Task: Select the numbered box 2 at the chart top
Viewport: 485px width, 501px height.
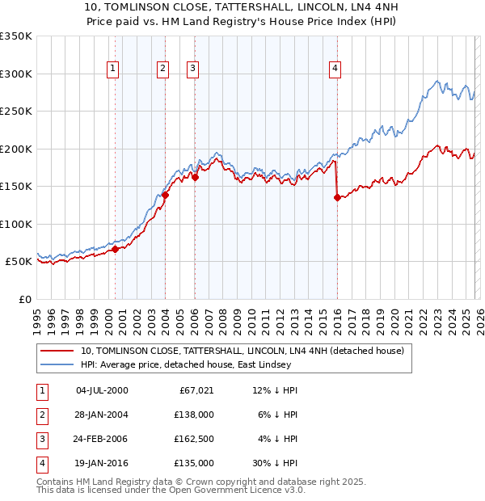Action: click(162, 69)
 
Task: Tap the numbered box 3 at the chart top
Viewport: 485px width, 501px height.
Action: click(193, 69)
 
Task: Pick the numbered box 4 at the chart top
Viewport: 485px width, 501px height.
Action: click(334, 69)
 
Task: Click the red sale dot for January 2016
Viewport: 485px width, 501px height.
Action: click(337, 197)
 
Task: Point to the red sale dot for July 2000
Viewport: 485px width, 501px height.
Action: click(115, 249)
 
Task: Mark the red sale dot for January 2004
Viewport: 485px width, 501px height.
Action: click(166, 195)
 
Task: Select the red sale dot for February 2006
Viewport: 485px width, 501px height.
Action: click(196, 177)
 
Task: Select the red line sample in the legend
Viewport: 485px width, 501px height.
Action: click(57, 352)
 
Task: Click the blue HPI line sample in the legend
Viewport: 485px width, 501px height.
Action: click(57, 365)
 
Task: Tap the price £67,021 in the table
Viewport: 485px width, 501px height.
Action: click(196, 390)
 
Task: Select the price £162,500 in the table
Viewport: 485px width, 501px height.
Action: click(193, 439)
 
